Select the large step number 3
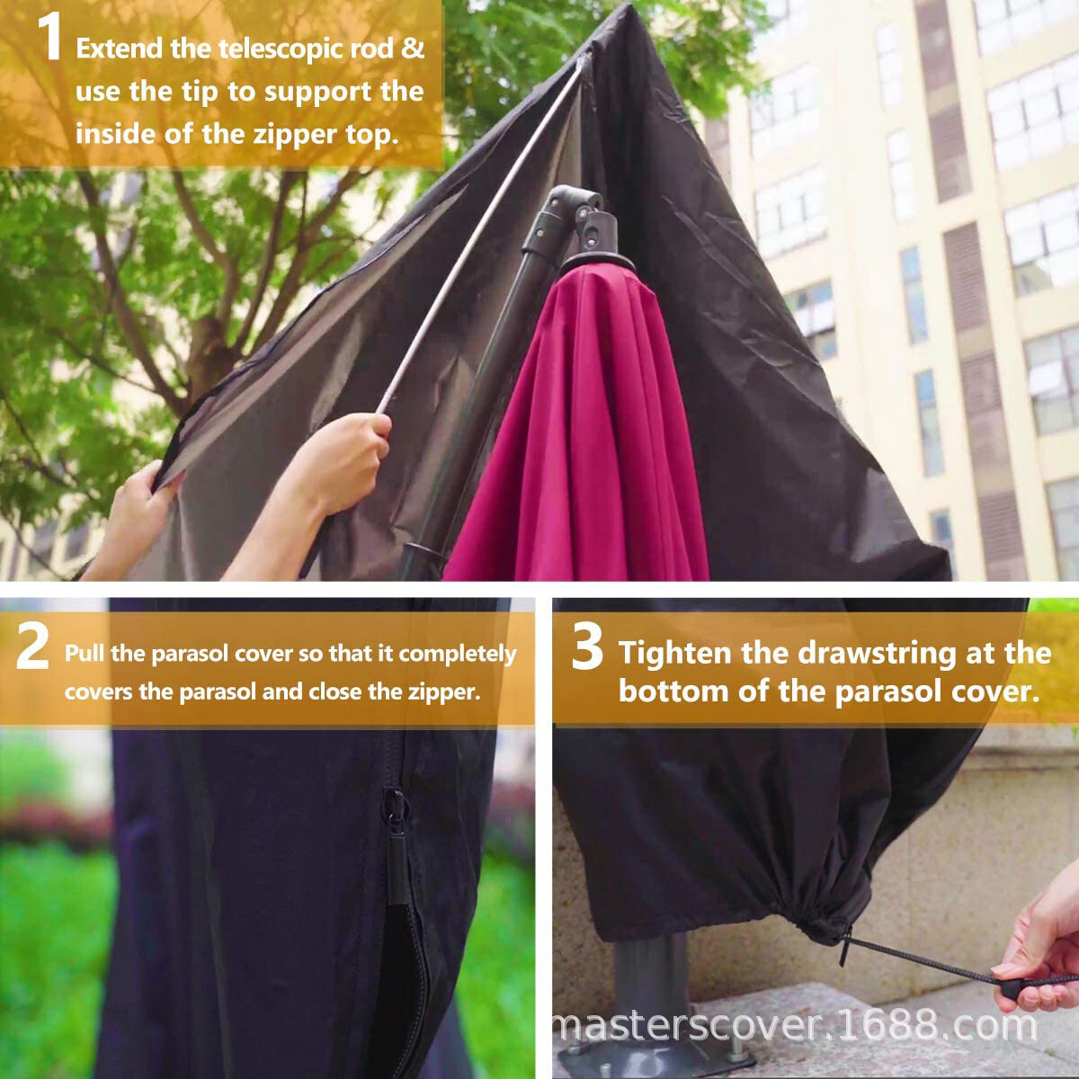pyautogui.click(x=587, y=648)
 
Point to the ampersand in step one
pyautogui.click(x=413, y=48)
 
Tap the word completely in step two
pyautogui.click(x=457, y=654)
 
